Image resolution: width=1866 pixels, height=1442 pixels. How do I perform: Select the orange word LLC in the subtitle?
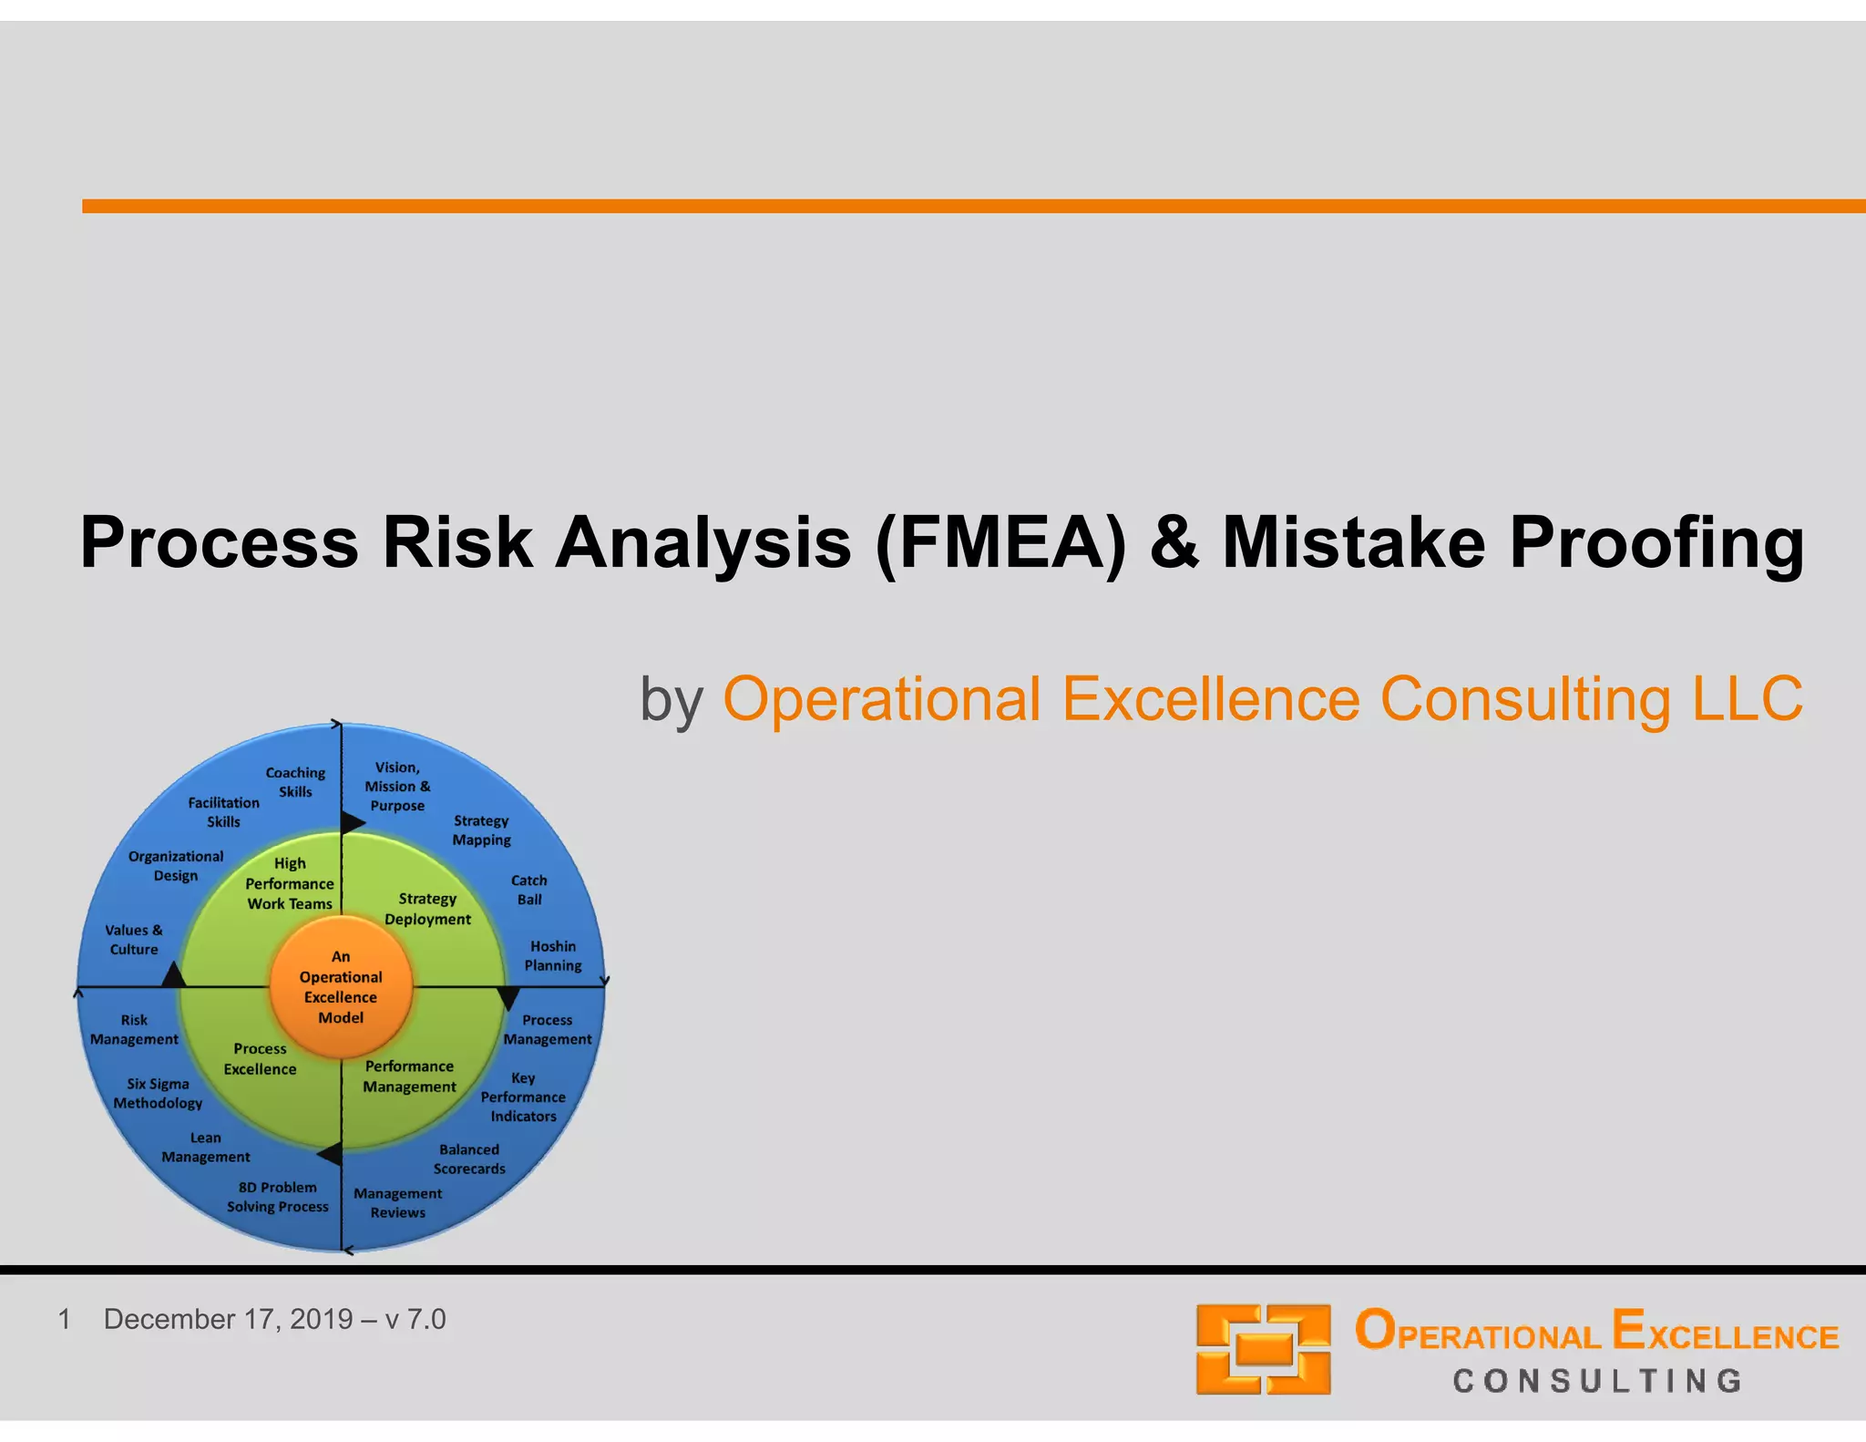(x=1747, y=699)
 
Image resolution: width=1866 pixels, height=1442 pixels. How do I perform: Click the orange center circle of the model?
(x=341, y=987)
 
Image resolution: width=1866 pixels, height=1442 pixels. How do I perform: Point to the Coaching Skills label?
(x=295, y=782)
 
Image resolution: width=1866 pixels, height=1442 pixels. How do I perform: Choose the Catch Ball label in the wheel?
(x=528, y=890)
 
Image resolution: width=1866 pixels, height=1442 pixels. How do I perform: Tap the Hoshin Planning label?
(x=552, y=955)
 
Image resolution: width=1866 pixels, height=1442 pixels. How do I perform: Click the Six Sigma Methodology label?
(x=158, y=1093)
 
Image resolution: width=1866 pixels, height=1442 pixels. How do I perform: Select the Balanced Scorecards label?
(x=469, y=1159)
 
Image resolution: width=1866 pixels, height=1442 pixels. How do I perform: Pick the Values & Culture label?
(x=134, y=939)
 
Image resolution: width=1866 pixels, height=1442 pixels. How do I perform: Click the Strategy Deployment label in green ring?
(x=427, y=909)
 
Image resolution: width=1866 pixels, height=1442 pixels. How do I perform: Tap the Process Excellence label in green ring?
(x=260, y=1058)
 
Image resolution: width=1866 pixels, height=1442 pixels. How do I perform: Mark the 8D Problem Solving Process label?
(x=277, y=1197)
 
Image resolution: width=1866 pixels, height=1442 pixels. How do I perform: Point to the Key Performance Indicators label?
(x=523, y=1097)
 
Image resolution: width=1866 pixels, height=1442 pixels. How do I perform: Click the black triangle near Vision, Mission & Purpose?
(x=352, y=822)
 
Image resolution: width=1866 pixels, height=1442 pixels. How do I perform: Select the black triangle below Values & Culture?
(x=173, y=976)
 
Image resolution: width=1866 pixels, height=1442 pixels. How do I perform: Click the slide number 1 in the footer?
(x=64, y=1319)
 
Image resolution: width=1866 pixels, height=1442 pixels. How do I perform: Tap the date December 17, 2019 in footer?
(x=228, y=1319)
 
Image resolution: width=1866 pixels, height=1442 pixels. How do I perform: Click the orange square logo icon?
(x=1263, y=1348)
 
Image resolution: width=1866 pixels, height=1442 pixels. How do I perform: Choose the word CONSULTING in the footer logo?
(x=1596, y=1381)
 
